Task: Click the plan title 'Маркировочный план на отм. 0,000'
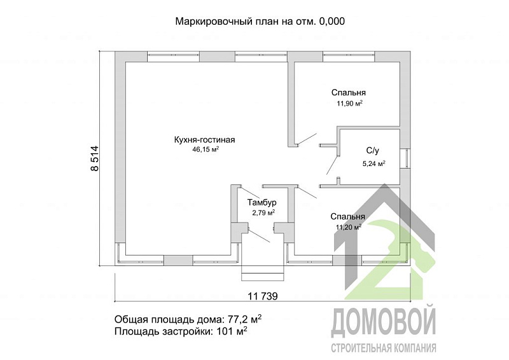260,22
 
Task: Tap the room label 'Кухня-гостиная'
204,140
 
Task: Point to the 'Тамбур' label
262,203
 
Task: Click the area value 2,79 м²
263,212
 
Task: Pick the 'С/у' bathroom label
373,151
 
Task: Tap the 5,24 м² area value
374,163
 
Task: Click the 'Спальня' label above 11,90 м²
349,92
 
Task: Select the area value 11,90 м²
349,104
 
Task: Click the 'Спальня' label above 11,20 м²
347,216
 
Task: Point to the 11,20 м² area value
349,227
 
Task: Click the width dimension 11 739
263,296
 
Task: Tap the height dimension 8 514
94,158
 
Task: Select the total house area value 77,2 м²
244,319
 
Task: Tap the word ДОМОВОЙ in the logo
384,321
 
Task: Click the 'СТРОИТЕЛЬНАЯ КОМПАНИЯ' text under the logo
384,349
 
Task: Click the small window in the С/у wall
405,159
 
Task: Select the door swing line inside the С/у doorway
332,165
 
